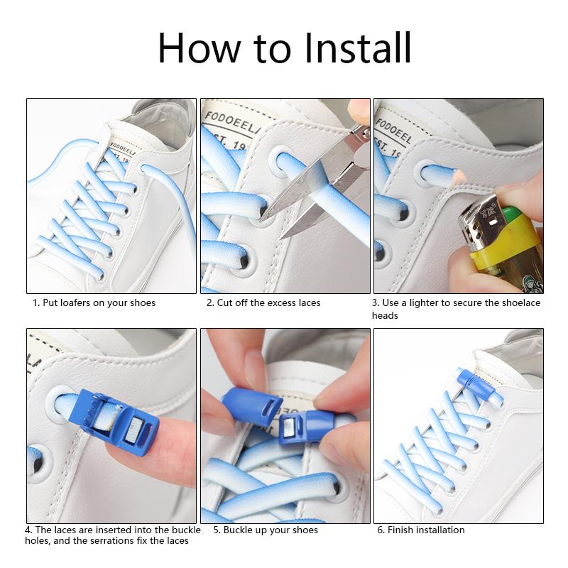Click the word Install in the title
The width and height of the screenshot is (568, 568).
[358, 48]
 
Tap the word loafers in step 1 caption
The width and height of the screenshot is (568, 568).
[75, 303]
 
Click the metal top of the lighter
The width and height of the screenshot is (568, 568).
[479, 220]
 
